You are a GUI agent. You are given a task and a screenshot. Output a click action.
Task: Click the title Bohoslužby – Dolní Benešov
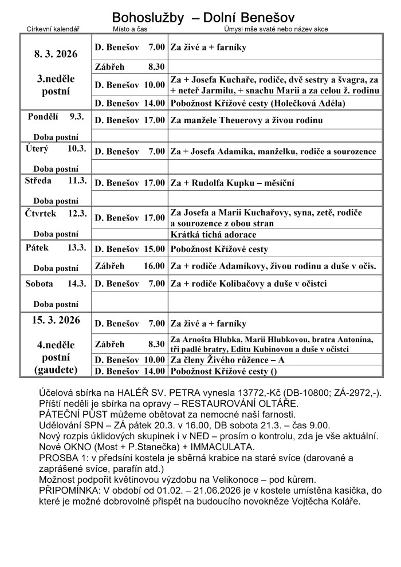(x=203, y=17)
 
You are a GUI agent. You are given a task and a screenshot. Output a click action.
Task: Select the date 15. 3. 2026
(x=56, y=320)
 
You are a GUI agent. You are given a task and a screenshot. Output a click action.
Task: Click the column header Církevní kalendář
(x=53, y=30)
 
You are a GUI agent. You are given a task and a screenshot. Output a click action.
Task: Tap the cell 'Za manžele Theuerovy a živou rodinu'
(x=246, y=120)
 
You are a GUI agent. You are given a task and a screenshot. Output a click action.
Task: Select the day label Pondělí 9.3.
(x=56, y=116)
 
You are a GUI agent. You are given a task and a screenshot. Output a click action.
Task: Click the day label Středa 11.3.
(x=56, y=180)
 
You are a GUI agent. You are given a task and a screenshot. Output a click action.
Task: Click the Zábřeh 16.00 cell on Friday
(x=129, y=266)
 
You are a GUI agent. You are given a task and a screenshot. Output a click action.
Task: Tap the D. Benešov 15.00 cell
(x=129, y=249)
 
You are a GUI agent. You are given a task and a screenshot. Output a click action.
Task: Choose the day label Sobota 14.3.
(x=56, y=283)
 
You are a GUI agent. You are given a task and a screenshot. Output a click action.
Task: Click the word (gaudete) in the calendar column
(x=56, y=369)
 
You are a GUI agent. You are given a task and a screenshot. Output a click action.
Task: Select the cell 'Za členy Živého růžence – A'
(x=227, y=360)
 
